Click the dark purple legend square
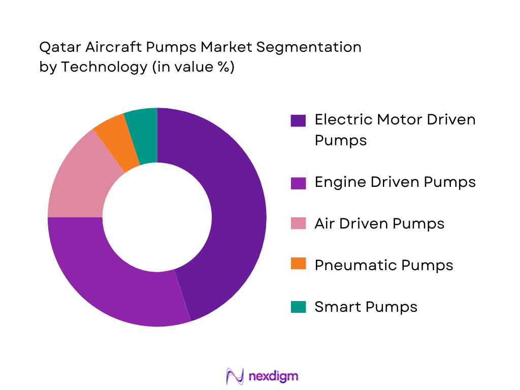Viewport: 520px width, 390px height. click(298, 120)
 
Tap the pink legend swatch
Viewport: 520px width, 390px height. click(298, 223)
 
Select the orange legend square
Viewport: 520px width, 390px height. click(298, 265)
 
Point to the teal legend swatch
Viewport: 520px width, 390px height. click(298, 307)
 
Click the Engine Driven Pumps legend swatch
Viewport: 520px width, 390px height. click(298, 182)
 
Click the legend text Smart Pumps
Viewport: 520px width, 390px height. click(366, 307)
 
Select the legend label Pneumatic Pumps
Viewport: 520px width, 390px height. click(383, 265)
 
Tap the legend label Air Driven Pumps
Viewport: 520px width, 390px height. click(379, 223)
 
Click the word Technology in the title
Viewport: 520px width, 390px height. click(104, 67)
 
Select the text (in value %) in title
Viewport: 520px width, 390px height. click(193, 67)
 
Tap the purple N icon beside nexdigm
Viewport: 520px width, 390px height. click(235, 376)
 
